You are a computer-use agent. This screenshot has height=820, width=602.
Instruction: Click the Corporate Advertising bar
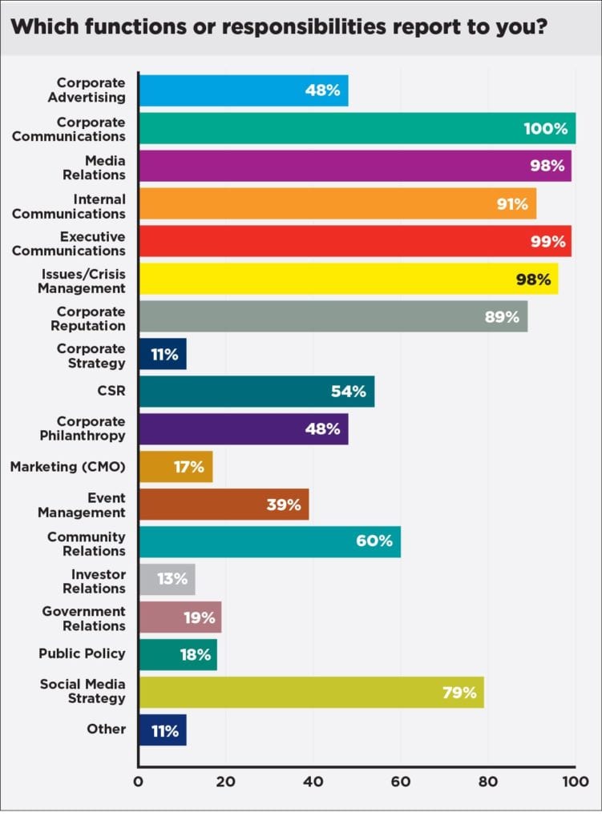(x=243, y=90)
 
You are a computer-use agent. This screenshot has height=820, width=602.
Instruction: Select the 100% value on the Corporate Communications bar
(x=545, y=128)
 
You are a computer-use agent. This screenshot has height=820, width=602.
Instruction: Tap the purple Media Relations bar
(x=354, y=166)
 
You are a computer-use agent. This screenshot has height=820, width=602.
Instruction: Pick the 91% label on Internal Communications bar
(x=512, y=204)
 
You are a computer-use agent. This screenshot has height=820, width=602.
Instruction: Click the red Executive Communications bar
(x=354, y=241)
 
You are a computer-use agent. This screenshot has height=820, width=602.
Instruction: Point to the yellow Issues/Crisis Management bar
(x=348, y=279)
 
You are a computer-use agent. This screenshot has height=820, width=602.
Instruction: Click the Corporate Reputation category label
(x=92, y=318)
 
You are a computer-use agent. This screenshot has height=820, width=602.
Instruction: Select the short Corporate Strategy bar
(x=162, y=354)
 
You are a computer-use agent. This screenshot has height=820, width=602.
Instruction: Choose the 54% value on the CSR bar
(x=349, y=392)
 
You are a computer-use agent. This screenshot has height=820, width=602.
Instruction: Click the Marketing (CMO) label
(x=67, y=466)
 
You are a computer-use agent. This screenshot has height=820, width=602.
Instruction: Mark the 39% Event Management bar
(x=223, y=504)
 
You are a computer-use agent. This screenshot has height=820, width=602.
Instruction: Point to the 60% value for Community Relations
(x=374, y=541)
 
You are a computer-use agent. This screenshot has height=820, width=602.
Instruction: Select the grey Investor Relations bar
(x=167, y=579)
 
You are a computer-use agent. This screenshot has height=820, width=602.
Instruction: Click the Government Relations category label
(x=84, y=618)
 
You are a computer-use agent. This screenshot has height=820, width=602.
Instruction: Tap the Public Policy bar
(x=177, y=654)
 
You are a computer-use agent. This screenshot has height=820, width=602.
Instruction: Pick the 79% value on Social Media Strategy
(x=460, y=692)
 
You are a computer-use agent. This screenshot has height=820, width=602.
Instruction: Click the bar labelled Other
(x=162, y=730)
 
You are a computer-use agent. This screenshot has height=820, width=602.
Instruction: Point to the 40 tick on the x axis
(x=313, y=781)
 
